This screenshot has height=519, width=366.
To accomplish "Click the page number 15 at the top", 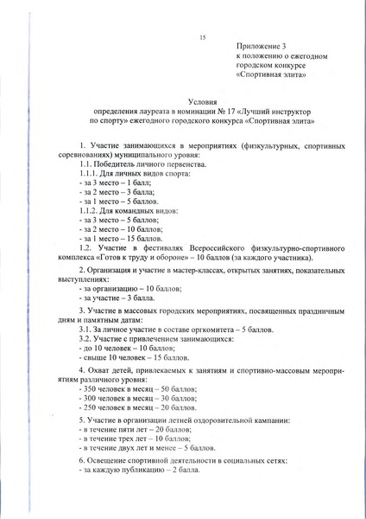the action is [x=202, y=38].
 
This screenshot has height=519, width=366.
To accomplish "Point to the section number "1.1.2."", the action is [x=89, y=210].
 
